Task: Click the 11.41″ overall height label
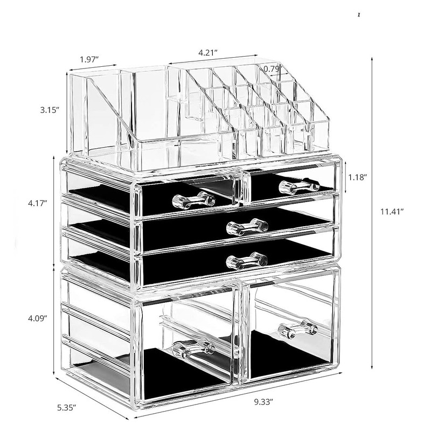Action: tap(392, 211)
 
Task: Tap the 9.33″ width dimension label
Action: tap(263, 402)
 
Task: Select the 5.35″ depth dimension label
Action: tap(66, 407)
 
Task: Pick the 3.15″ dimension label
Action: tap(50, 110)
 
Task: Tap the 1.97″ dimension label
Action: tap(89, 59)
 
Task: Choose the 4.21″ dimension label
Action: tap(208, 52)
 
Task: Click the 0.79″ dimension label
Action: tap(272, 68)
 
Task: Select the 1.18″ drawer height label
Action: tap(358, 177)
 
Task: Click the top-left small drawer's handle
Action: tap(193, 200)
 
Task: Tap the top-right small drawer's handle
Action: tap(300, 186)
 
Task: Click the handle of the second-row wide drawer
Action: tap(247, 227)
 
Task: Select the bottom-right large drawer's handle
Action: tap(298, 328)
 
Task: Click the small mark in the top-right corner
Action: tap(359, 15)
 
